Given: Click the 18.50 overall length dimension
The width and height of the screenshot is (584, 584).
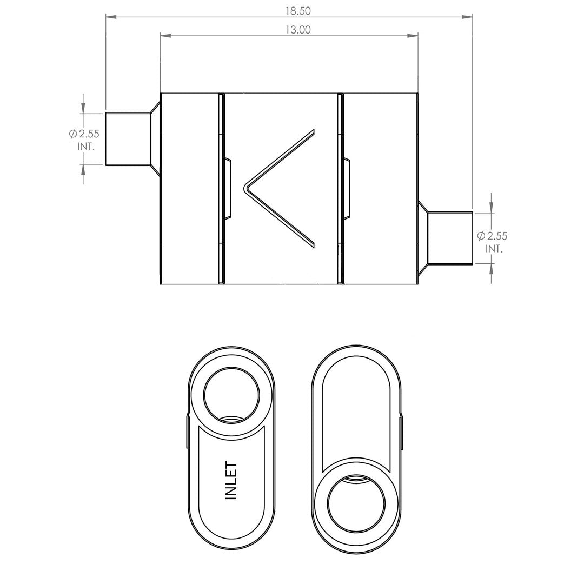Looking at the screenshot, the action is click(298, 11).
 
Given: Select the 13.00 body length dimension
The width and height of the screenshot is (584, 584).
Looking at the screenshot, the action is click(298, 30).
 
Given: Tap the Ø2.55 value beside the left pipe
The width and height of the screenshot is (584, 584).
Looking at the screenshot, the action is click(84, 134).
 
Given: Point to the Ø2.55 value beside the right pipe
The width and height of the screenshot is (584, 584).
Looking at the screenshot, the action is click(492, 236).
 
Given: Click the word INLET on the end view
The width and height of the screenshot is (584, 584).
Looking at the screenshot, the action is click(231, 481).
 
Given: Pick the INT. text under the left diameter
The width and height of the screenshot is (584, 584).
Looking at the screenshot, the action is click(87, 147).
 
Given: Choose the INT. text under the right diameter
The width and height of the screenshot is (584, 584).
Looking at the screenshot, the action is click(494, 249).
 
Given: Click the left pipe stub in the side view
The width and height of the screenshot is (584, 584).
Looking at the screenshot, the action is click(128, 138).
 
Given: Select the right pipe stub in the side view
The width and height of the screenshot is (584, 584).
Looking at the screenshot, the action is click(450, 238).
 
